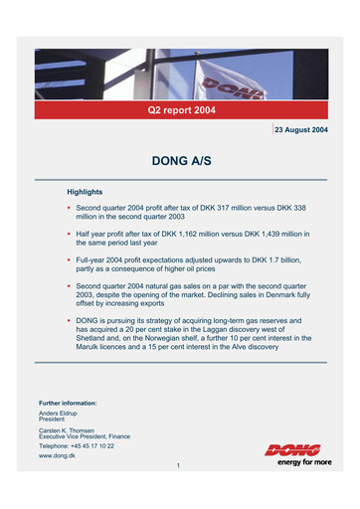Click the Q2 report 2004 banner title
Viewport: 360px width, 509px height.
pos(181,109)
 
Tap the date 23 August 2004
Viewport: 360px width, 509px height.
pos(301,130)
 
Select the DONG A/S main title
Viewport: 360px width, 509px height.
pos(181,160)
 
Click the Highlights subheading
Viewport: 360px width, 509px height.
pos(85,191)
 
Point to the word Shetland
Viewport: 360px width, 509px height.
pos(94,338)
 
